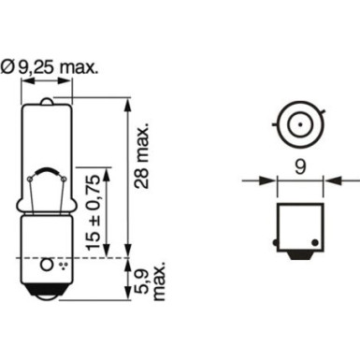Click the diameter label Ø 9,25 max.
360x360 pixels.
point(58,67)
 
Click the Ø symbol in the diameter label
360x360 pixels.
point(23,67)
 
